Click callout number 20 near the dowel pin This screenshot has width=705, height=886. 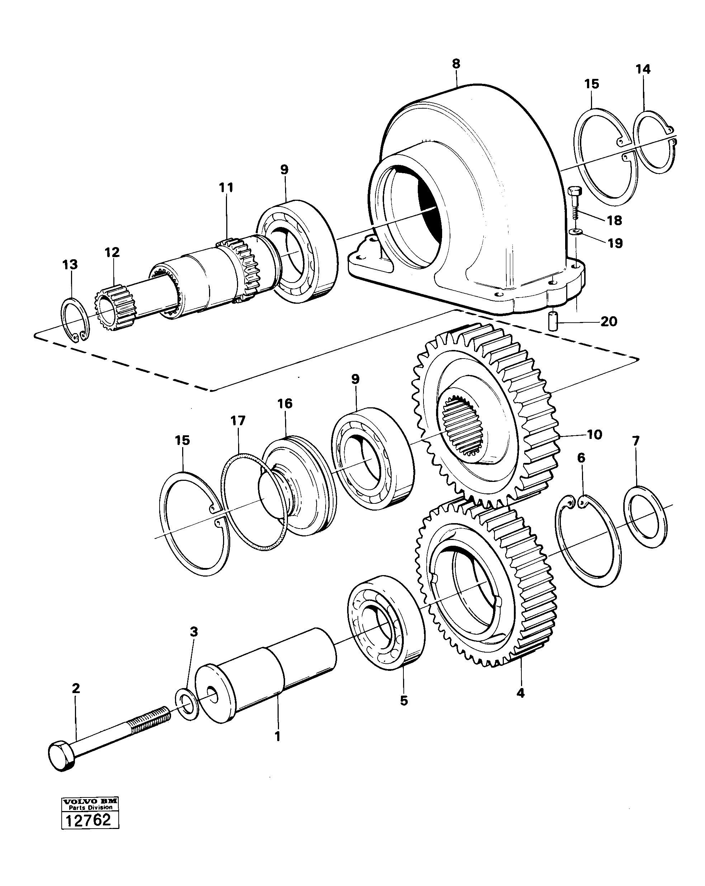(609, 321)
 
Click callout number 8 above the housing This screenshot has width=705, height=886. (456, 64)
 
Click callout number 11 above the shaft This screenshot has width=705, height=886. (226, 188)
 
